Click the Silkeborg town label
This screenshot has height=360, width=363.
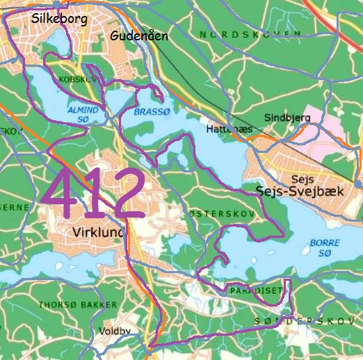pyautogui.click(x=59, y=19)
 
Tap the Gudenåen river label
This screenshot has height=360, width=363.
pyautogui.click(x=140, y=35)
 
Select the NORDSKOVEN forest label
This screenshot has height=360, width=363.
pyautogui.click(x=250, y=34)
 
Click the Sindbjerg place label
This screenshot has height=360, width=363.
pyautogui.click(x=287, y=118)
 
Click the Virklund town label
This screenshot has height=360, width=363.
pyautogui.click(x=97, y=233)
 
